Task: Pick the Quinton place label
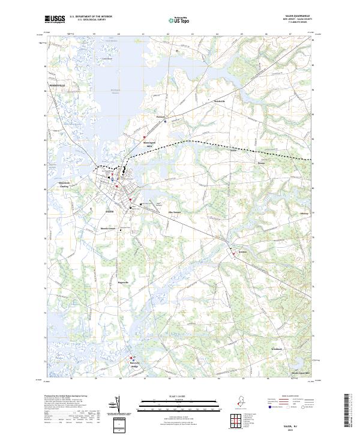[242, 252]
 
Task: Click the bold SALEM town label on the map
[109, 212]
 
